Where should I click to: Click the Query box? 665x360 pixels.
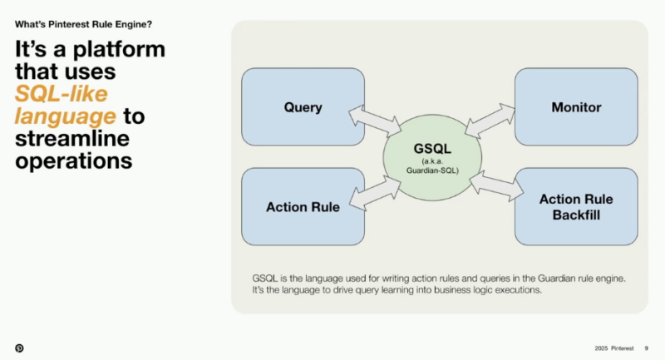(303, 107)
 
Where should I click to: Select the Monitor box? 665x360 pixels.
(575, 107)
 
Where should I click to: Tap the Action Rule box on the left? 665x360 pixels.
(303, 207)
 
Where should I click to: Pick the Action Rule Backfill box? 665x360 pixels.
(575, 206)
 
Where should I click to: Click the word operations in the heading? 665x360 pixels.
(74, 160)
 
